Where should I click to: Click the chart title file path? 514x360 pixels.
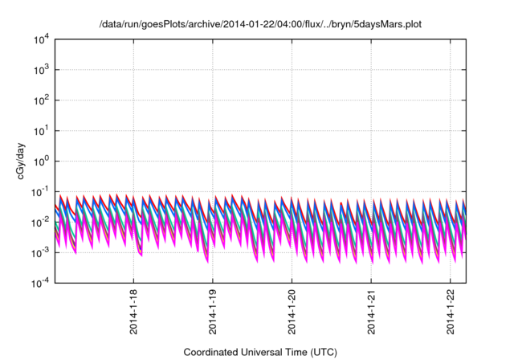(259, 25)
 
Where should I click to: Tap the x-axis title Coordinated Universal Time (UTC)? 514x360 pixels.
(259, 352)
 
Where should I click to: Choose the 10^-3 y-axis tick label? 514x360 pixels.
(39, 252)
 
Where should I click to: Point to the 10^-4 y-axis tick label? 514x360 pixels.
(39, 282)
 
